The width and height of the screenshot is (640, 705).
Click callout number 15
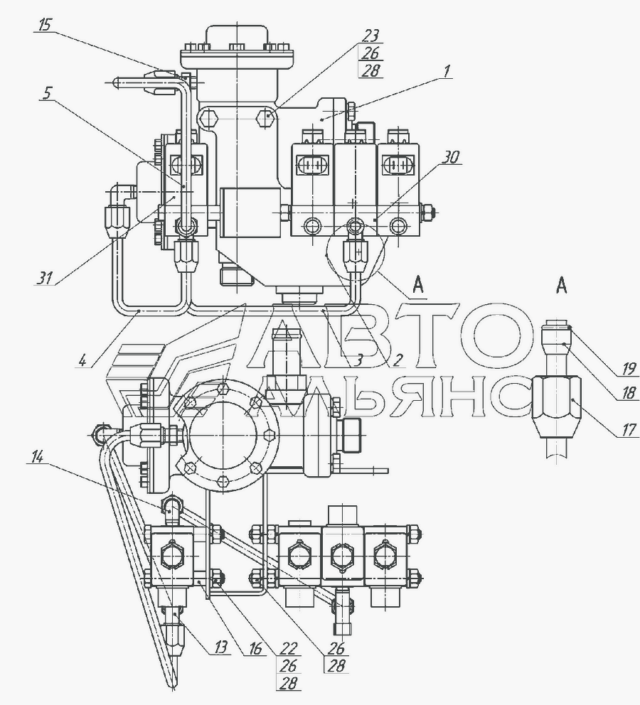pyautogui.click(x=45, y=26)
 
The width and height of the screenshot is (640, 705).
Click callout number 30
pyautogui.click(x=451, y=158)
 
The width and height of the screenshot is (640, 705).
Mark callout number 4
pyautogui.click(x=83, y=360)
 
